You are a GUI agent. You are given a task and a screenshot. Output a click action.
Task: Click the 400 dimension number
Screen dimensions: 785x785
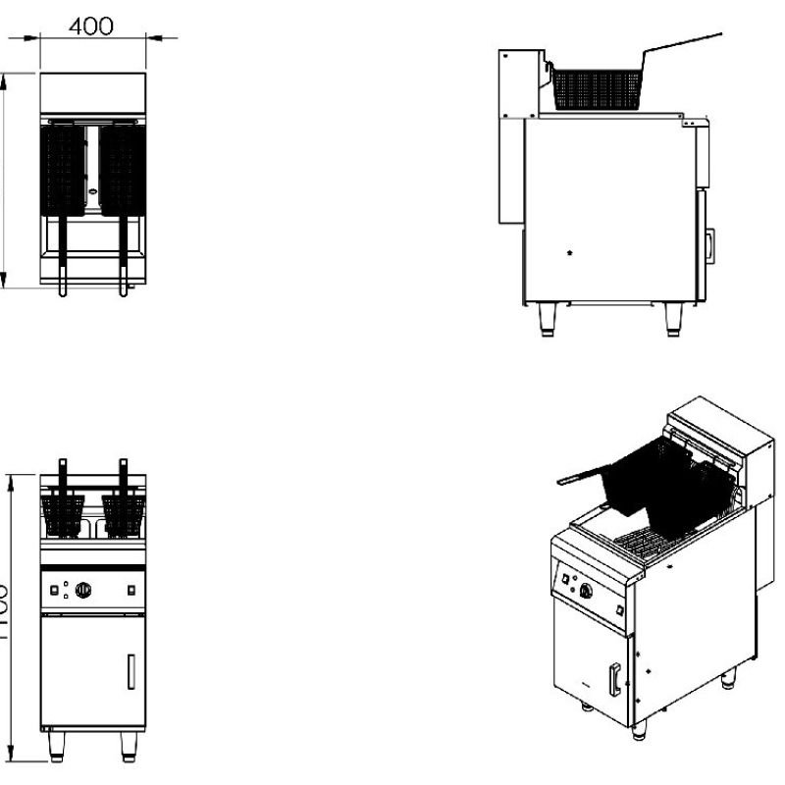coord(90,26)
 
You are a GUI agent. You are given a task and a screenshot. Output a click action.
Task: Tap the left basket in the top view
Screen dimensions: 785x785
coord(64,169)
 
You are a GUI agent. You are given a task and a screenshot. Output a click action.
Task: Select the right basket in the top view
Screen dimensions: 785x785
coord(123,169)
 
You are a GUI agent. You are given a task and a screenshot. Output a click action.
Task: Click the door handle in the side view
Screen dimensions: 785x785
coord(709,245)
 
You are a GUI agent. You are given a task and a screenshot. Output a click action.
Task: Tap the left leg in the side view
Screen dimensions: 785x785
coord(548,319)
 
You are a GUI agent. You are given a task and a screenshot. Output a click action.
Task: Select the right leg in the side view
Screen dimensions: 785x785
coord(673,319)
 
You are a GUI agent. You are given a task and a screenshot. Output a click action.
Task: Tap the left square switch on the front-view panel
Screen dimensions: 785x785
coord(55,590)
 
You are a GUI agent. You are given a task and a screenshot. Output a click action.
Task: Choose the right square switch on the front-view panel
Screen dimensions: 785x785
coord(131,590)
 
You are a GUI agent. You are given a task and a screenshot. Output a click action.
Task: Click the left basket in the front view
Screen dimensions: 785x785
coord(64,515)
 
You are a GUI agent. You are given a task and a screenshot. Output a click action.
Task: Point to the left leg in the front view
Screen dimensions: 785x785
coord(55,747)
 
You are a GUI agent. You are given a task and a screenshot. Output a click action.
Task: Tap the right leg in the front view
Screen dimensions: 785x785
coord(129,747)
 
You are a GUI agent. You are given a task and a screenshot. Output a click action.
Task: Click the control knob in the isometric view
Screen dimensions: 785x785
coord(587,591)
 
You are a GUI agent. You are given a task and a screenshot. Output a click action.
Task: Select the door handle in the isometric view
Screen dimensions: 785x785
coord(614,679)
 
